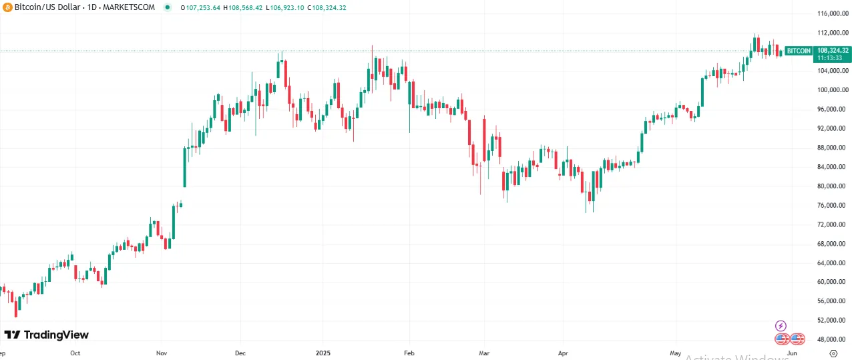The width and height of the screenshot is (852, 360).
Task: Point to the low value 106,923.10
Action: (x=289, y=7)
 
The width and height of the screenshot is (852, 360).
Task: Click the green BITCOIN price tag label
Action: (x=799, y=51)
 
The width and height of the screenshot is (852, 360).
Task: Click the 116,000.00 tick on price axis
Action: (x=832, y=13)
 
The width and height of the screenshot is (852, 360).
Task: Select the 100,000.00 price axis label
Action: (x=832, y=90)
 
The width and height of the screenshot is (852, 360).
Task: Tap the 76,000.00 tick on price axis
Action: (x=833, y=205)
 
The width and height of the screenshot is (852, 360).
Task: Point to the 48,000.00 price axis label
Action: (x=833, y=339)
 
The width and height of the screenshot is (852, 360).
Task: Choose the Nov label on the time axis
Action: (x=161, y=353)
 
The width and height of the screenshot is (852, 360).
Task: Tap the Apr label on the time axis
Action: (x=563, y=353)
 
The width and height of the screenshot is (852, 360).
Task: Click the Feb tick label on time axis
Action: (x=409, y=353)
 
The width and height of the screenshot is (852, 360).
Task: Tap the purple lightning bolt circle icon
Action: (x=781, y=326)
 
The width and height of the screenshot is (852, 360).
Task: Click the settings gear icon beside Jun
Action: (x=833, y=353)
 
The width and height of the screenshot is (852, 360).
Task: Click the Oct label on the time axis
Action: (x=75, y=353)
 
